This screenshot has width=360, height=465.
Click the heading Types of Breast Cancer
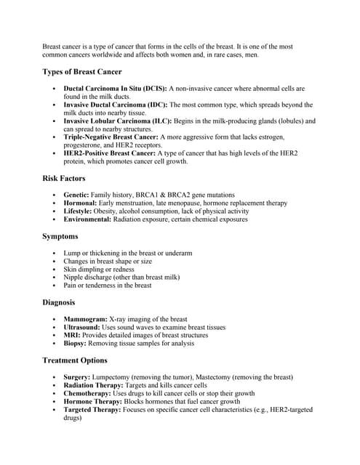click(x=81, y=72)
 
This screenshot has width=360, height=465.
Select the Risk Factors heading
click(x=63, y=178)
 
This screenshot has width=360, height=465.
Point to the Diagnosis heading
click(x=60, y=302)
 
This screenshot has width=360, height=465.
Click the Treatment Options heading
click(x=74, y=360)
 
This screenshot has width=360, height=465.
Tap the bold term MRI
click(x=72, y=336)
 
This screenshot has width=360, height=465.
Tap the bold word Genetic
click(x=76, y=195)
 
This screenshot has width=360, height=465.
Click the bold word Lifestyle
click(x=79, y=211)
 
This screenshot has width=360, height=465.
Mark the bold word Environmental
click(x=88, y=219)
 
